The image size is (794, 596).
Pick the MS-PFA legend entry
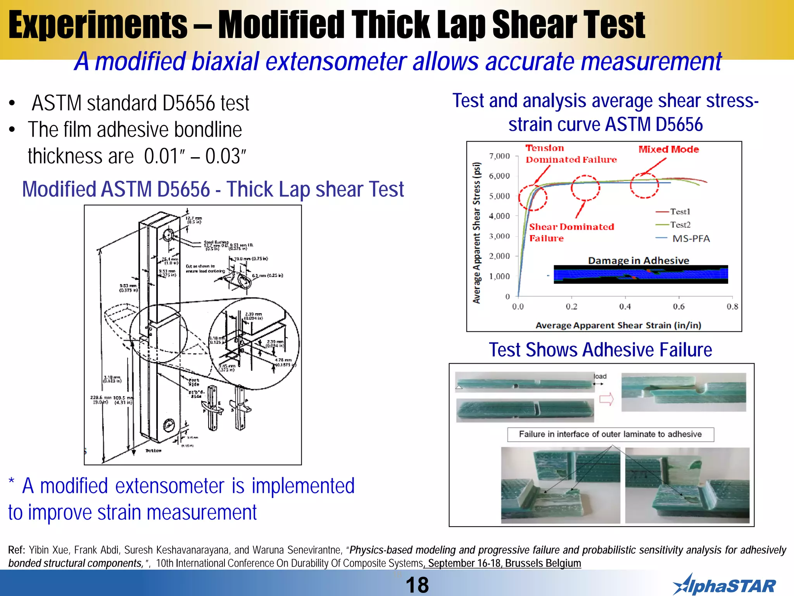[x=691, y=239]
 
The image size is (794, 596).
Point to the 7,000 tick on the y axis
[x=499, y=156]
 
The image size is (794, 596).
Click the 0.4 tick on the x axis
[x=625, y=307]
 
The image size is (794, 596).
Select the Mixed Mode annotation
[x=668, y=149]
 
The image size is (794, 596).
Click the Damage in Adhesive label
[x=639, y=260]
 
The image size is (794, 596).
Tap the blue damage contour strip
[x=640, y=274]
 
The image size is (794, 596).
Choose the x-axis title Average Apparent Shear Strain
[x=618, y=325]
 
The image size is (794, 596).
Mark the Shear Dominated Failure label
[x=571, y=232]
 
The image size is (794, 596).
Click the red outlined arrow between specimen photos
[x=607, y=399]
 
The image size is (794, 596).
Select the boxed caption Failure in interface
[x=610, y=434]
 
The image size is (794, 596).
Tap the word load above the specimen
[x=600, y=376]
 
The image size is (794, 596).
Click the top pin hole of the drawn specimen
[x=169, y=235]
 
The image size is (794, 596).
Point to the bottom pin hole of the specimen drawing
[x=169, y=425]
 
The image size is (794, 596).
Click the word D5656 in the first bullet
[x=188, y=103]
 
